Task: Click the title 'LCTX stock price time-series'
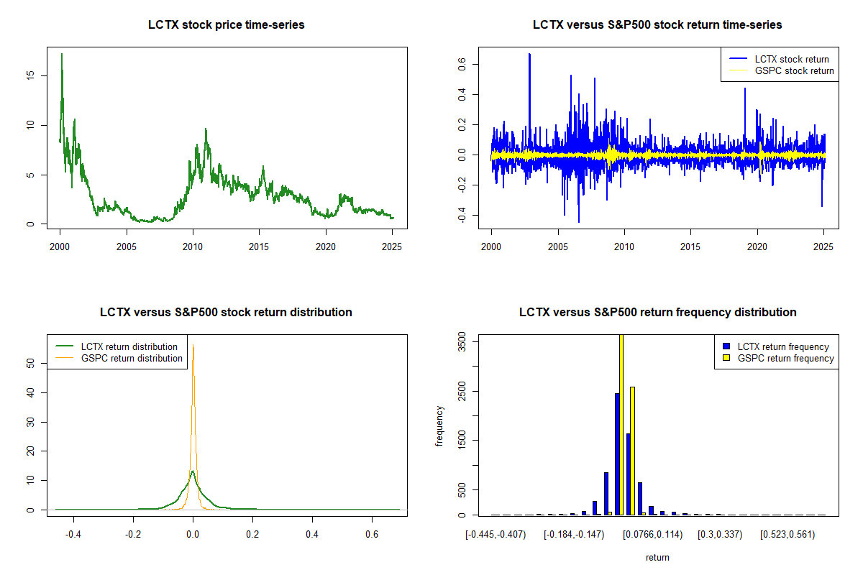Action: (226, 24)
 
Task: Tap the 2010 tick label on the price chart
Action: (193, 247)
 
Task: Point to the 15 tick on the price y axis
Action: (30, 75)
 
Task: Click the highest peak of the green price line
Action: (62, 55)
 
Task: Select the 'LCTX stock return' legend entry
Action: (779, 59)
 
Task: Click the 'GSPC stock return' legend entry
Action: (781, 71)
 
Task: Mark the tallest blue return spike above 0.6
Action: (529, 55)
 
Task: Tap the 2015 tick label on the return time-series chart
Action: (690, 247)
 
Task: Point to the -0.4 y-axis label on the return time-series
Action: (462, 215)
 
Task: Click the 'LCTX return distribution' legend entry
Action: (117, 346)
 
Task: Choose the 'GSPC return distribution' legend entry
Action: (119, 358)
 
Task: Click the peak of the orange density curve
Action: (193, 346)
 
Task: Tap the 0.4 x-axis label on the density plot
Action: (312, 534)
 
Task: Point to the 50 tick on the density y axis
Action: (30, 364)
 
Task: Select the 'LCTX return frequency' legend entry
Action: (776, 346)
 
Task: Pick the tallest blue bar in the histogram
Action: (617, 454)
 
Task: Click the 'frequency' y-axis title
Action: (439, 426)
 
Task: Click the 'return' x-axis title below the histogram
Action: (657, 557)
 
